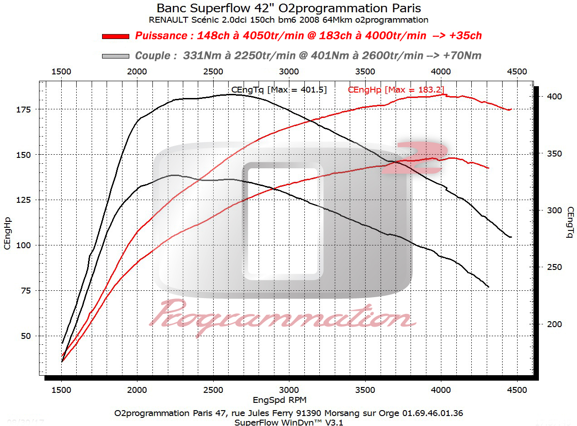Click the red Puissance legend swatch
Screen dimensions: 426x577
pos(116,36)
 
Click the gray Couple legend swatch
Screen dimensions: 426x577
pos(116,56)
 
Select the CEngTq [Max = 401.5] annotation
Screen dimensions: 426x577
pos(279,90)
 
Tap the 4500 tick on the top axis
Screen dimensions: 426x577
pos(517,72)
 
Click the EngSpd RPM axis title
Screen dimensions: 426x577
pos(279,400)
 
